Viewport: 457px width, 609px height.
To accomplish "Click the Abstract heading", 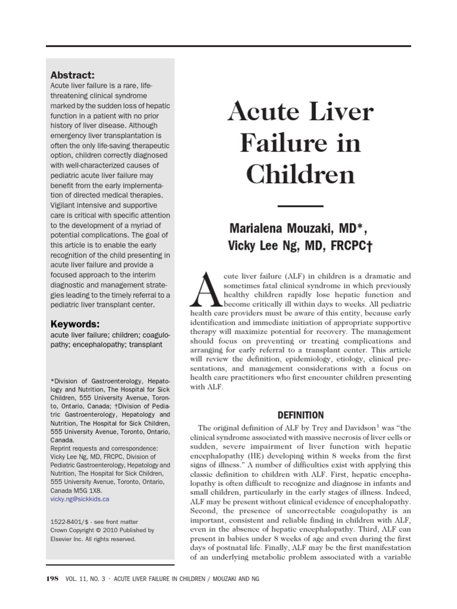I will click(x=73, y=75).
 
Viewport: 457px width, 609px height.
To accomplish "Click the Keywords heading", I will click(x=75, y=324).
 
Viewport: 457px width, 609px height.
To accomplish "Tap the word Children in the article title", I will click(x=301, y=175).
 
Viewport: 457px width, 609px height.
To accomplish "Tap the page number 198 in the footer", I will click(x=52, y=579).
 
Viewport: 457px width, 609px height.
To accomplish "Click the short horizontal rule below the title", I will click(x=300, y=206).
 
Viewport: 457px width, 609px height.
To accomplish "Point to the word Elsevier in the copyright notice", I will click(x=64, y=539).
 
